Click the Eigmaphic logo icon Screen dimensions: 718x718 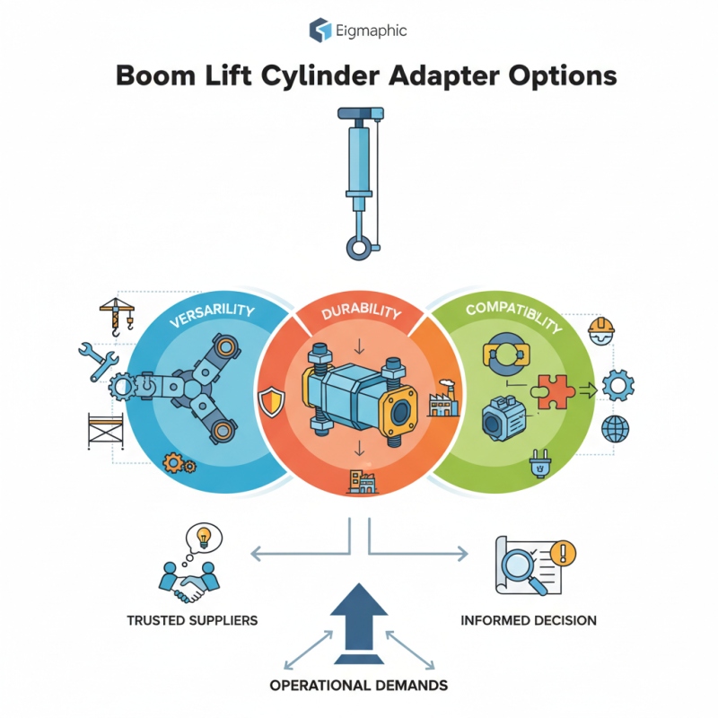point(320,31)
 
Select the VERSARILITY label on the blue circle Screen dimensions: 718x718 point(209,322)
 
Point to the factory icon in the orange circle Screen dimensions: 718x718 point(442,401)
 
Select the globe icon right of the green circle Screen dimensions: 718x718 point(616,429)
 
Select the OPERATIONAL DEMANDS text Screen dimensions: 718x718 point(358,686)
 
